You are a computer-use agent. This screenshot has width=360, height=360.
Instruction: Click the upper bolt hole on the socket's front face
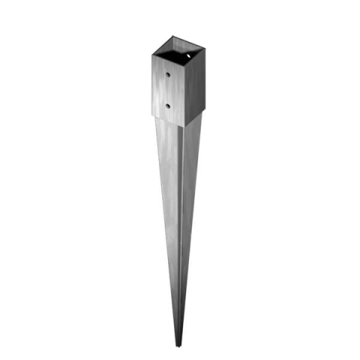pos(169,76)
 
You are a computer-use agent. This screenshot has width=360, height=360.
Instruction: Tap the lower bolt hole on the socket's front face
pos(167,105)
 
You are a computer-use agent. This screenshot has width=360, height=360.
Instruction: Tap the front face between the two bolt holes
pos(168,90)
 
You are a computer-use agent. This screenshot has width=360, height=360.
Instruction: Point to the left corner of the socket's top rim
pos(152,53)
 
